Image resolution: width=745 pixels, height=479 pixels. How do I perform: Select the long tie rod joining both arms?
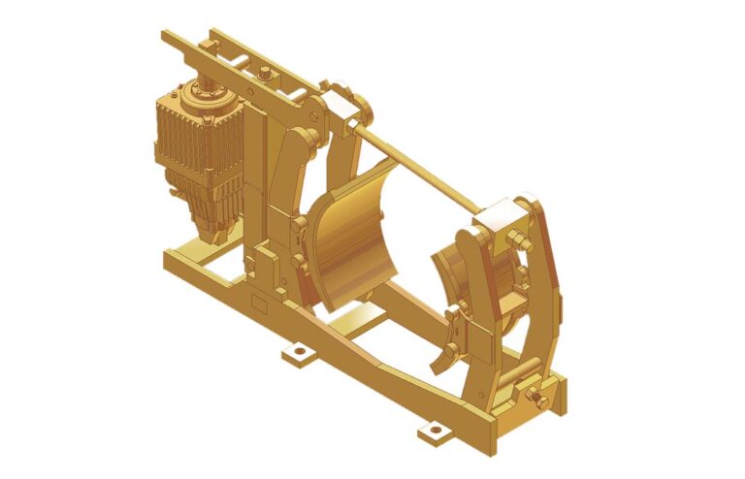click(x=417, y=166)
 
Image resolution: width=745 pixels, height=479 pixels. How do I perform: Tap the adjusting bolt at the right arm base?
click(x=534, y=397)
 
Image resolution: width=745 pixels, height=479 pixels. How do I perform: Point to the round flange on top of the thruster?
click(x=208, y=93)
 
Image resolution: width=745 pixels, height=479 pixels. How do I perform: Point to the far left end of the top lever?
click(x=168, y=35)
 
